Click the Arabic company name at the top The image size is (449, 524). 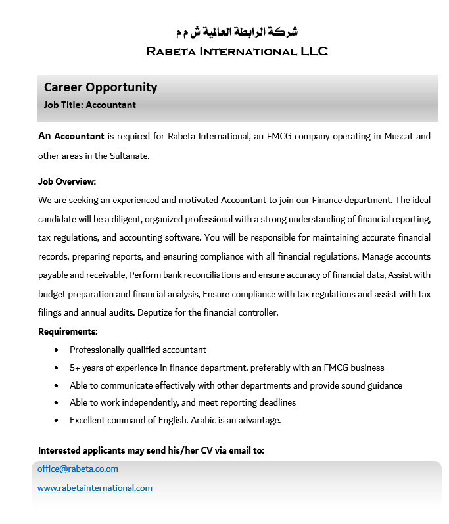point(237,31)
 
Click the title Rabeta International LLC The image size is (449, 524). point(237,51)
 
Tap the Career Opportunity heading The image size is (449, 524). point(101,87)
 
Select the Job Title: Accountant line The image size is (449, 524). point(89,105)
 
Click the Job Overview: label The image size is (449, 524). point(67,181)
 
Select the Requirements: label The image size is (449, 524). point(68,331)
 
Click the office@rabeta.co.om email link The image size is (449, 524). point(78,469)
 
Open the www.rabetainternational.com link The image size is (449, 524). point(95,488)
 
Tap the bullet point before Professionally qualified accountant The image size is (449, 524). point(56,350)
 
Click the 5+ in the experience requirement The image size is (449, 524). point(76,368)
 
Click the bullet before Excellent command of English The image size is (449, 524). point(56,420)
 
